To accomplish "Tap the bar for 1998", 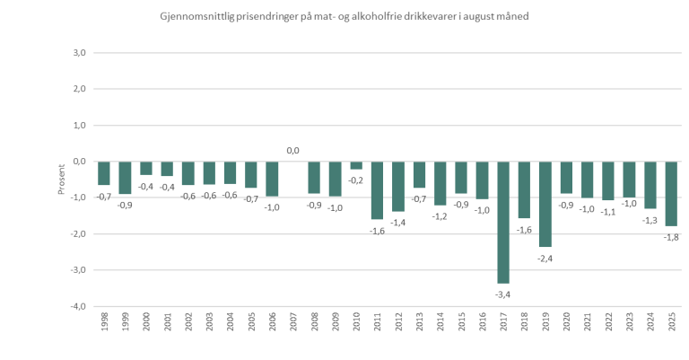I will [103, 173].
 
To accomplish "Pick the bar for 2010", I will [356, 165].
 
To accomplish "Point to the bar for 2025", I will [671, 193].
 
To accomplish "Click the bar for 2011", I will [377, 190].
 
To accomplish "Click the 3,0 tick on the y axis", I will [78, 53].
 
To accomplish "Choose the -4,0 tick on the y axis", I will [77, 306].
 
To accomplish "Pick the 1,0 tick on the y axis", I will [78, 126].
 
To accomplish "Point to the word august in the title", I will [477, 16].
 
